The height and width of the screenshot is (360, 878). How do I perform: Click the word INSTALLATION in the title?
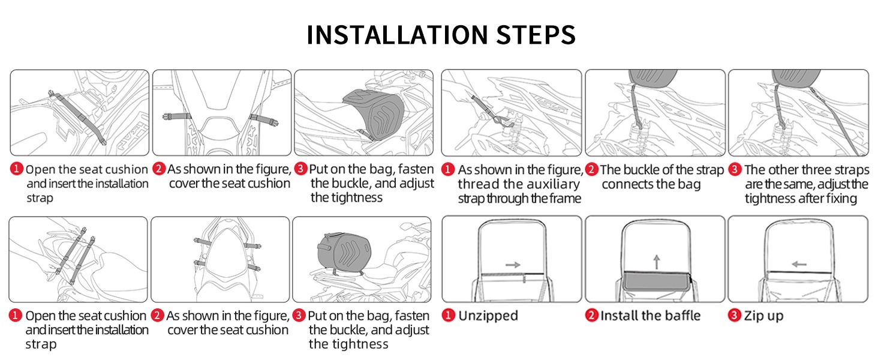tap(396, 35)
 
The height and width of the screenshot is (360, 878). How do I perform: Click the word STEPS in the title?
tap(536, 35)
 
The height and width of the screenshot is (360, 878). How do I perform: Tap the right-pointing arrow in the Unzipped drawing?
tap(513, 265)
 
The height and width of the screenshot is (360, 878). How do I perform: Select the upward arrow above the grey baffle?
tap(657, 262)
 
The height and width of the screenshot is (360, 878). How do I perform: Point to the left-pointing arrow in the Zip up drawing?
tap(799, 265)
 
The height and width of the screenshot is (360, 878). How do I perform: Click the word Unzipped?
tap(488, 316)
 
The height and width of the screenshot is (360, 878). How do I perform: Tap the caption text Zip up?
tap(763, 316)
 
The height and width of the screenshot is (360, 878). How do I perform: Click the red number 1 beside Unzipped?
tap(448, 315)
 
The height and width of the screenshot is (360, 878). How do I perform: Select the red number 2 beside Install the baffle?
tap(591, 315)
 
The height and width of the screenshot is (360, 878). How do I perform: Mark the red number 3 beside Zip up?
tap(735, 315)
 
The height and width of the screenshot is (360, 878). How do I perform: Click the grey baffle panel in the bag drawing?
tap(657, 281)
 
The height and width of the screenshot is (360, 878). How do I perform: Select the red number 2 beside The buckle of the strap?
tap(591, 169)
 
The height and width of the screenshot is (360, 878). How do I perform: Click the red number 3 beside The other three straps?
tap(735, 169)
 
